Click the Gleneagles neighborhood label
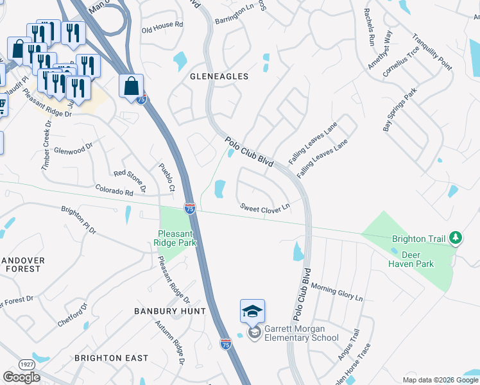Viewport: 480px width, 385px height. (x=219, y=76)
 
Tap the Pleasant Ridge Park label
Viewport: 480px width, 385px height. (x=175, y=238)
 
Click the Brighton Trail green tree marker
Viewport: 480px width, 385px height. (x=455, y=239)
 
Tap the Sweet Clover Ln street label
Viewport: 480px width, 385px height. (x=265, y=207)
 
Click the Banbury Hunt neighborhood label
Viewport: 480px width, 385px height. (x=169, y=311)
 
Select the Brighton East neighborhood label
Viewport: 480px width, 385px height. (x=111, y=357)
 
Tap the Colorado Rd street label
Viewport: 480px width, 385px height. (x=114, y=191)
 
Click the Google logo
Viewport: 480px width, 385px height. (x=22, y=377)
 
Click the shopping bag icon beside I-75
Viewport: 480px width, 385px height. (x=131, y=86)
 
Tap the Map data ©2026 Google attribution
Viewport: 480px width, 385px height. (x=440, y=380)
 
